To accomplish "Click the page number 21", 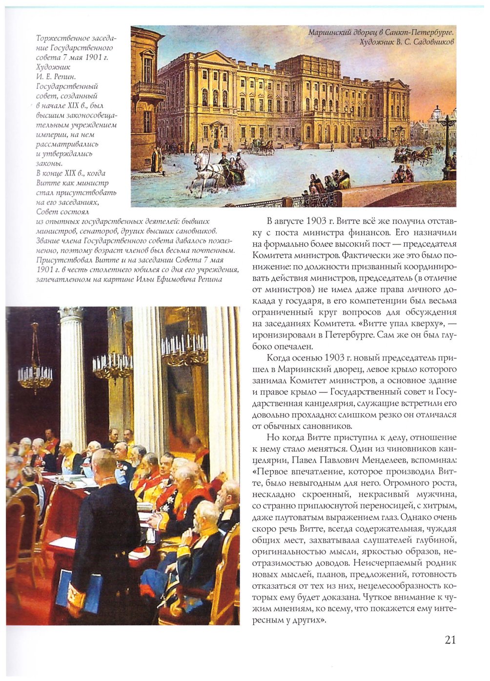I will click(450, 640).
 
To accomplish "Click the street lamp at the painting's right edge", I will click(447, 141).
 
